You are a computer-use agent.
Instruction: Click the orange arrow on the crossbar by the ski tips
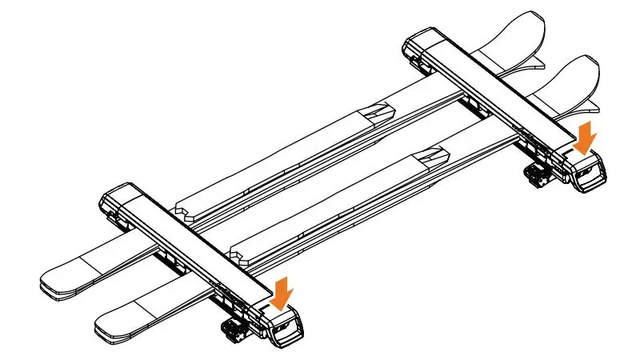point(586,136)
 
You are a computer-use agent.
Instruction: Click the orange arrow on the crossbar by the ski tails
point(281,292)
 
